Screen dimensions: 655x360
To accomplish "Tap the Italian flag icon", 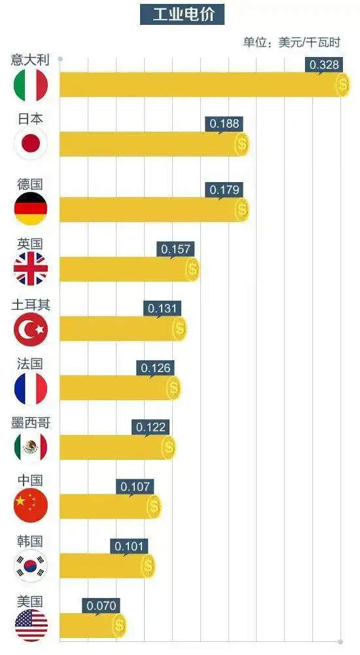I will (31, 84).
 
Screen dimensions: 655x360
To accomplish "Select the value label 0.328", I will (323, 64).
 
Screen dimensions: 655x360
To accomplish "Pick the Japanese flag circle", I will (31, 144).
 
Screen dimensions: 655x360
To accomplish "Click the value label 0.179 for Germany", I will (224, 190).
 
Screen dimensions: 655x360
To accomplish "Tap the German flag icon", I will (31, 208).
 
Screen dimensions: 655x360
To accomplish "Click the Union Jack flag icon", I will (31, 269).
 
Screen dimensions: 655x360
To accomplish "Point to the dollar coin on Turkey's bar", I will (179, 329).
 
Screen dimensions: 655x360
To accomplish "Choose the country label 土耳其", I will (30, 305).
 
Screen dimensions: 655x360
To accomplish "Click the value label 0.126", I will (156, 368).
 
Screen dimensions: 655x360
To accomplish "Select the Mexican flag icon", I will (31, 448).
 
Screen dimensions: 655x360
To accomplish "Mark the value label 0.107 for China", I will (135, 487).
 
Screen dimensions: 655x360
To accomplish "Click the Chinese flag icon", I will (31, 506).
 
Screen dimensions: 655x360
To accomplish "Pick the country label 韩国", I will (30, 541).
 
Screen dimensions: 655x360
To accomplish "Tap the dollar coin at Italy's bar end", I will (343, 84).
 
